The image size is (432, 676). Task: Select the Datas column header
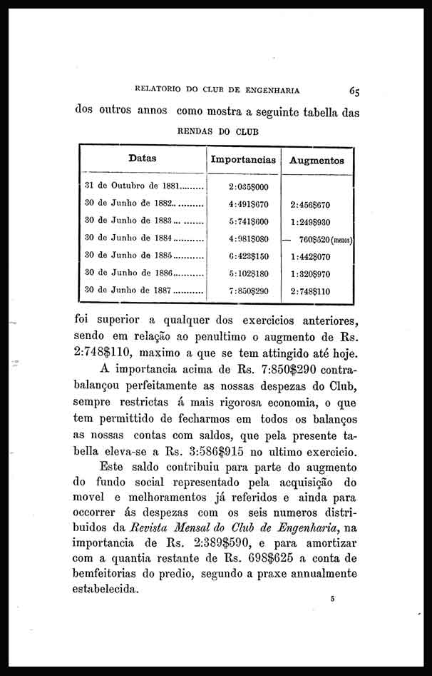[x=143, y=158]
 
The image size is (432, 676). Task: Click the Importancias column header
[x=243, y=161]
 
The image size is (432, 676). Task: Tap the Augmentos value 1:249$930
[x=310, y=222]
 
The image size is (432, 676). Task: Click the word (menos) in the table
[x=338, y=239]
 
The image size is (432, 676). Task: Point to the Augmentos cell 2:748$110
[x=310, y=291]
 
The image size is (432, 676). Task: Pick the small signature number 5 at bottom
[x=332, y=602]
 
